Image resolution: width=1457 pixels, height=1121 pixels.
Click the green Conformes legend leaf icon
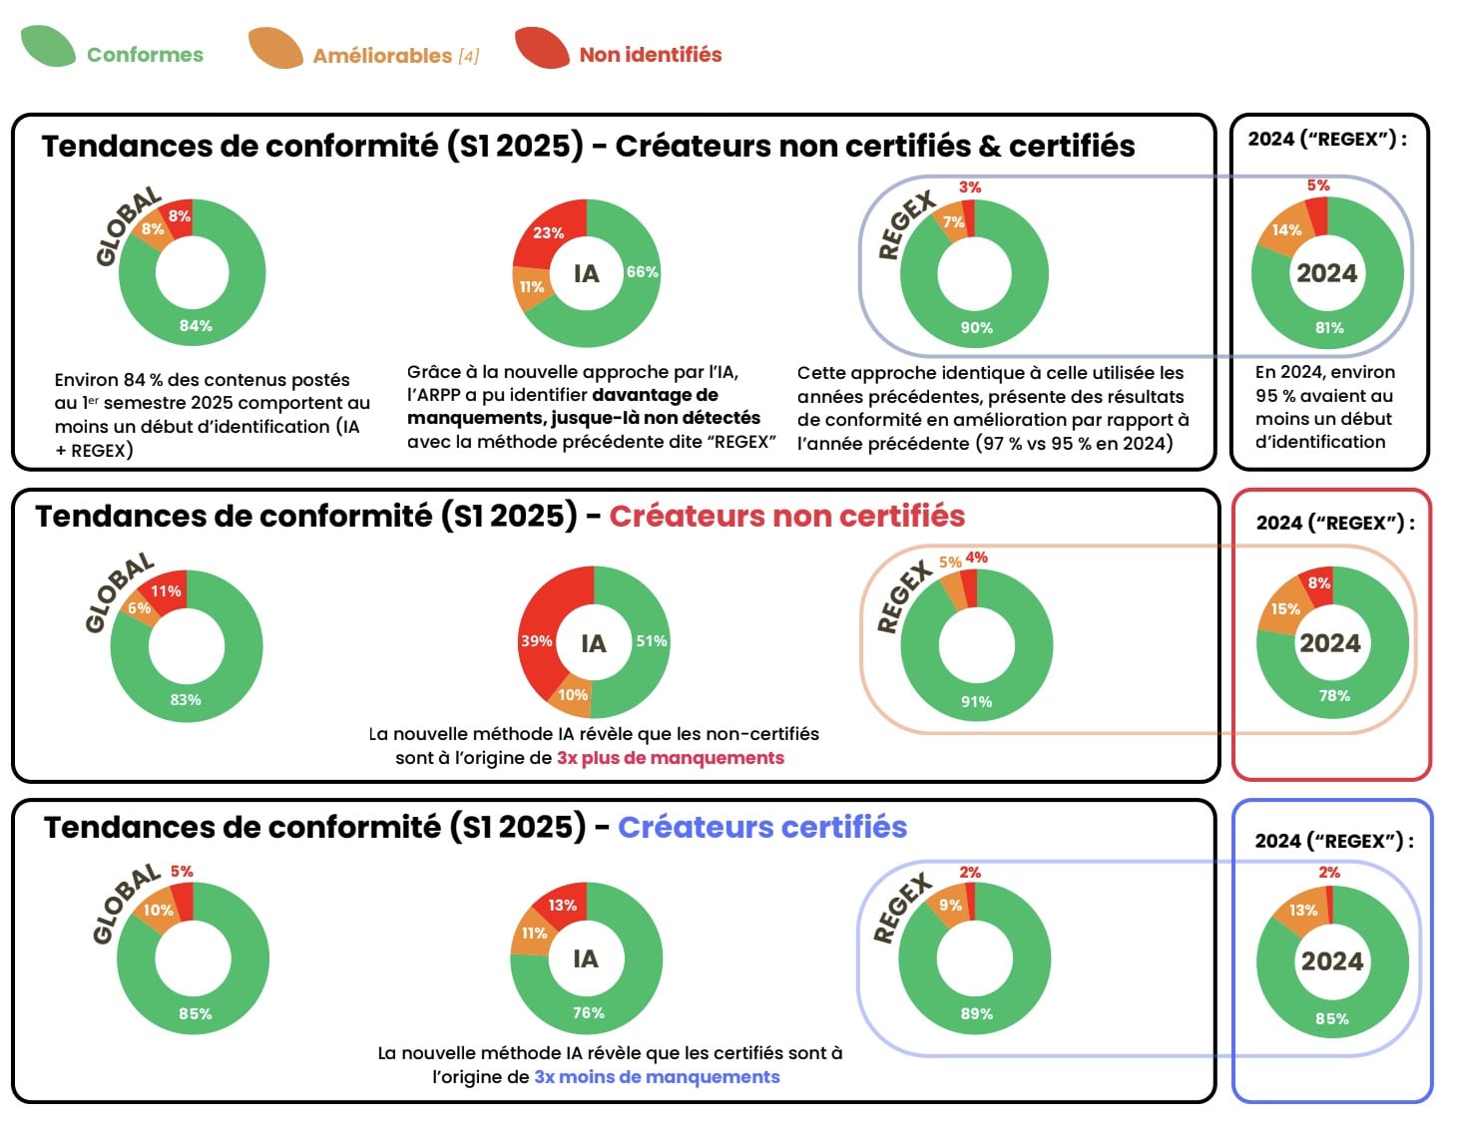coord(48,47)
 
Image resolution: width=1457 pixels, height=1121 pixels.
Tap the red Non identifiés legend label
coord(650,55)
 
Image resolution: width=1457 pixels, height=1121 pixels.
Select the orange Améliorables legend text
coord(382,56)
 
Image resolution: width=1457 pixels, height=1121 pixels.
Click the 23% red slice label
coord(548,232)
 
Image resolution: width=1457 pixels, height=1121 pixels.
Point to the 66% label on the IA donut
coord(642,271)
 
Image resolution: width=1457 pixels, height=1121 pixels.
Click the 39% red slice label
coord(536,640)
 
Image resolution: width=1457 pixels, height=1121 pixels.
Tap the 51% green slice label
coord(652,640)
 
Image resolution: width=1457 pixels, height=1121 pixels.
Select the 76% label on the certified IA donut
coord(588,1012)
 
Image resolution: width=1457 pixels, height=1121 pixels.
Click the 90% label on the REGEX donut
coord(976,327)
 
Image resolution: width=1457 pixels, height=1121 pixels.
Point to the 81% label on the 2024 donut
coord(1329,327)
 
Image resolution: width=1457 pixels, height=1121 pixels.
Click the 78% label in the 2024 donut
coord(1334,695)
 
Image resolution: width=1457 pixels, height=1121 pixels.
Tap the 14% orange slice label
coord(1286,229)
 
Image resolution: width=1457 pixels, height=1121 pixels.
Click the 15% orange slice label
coord(1285,608)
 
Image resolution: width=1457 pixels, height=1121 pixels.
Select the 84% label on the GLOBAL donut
coord(196,325)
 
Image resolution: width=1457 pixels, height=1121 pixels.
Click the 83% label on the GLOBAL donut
coord(186,699)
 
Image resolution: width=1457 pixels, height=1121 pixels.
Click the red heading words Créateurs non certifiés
coord(786,516)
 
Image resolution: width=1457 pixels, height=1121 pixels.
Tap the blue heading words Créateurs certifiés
coord(762,827)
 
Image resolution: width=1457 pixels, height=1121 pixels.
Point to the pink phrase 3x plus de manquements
coord(670,758)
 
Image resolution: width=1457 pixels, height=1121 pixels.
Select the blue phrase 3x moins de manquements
coord(657,1077)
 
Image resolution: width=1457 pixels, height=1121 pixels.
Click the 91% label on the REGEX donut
coord(976,701)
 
